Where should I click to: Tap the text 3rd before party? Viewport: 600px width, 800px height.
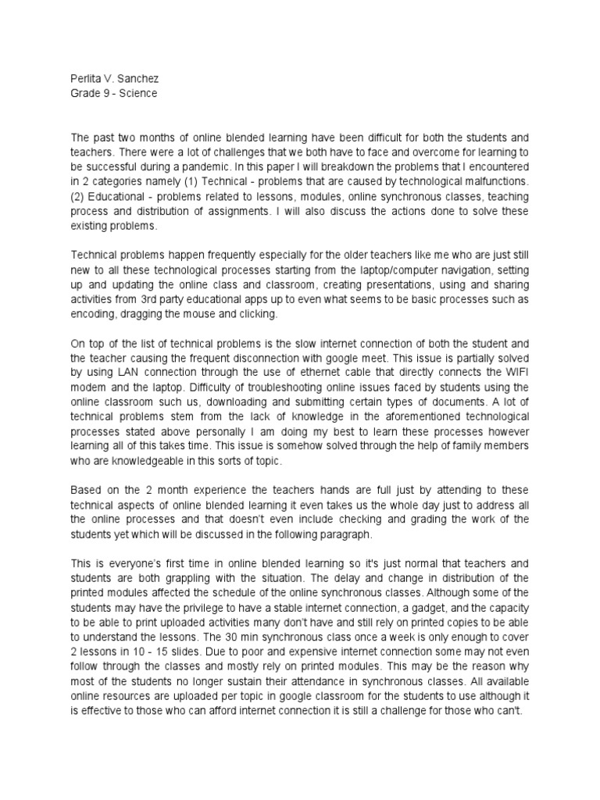pyautogui.click(x=165, y=298)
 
